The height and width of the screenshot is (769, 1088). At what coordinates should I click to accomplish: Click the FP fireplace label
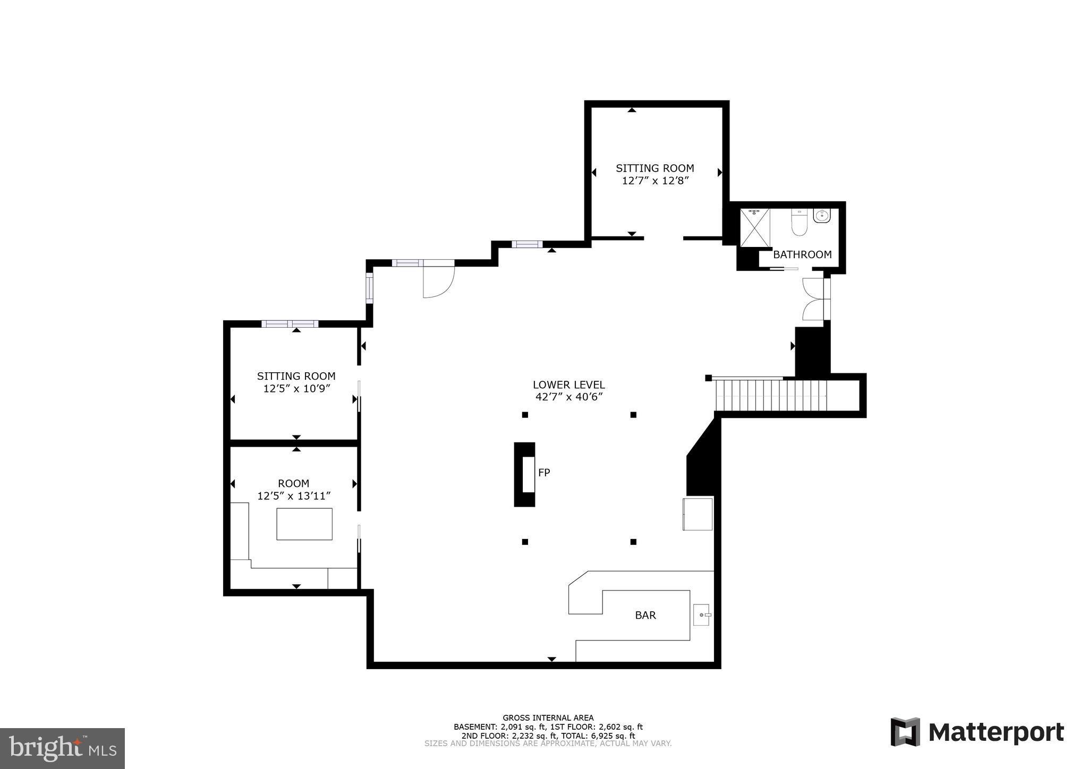coord(543,473)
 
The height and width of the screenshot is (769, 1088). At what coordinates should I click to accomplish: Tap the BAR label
coord(645,615)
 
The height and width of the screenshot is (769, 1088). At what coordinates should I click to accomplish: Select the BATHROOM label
coord(802,254)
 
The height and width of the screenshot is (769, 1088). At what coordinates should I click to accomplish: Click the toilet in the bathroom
coord(799,223)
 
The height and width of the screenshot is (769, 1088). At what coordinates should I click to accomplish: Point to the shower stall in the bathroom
coord(754,227)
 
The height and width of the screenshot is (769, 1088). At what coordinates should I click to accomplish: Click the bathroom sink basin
coord(821,216)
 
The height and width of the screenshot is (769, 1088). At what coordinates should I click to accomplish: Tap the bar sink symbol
coord(701,614)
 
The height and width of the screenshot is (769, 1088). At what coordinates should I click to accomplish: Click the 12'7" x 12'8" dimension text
coord(655,181)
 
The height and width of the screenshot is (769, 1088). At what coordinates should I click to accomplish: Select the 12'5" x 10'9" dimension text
coord(296,388)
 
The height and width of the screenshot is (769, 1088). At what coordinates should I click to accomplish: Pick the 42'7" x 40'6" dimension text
coord(569,397)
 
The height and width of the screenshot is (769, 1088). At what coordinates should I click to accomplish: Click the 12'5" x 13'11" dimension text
coord(294,496)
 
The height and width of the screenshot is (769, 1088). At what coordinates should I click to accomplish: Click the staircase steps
coord(770,395)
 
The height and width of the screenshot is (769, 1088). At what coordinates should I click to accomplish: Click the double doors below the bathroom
coord(813,299)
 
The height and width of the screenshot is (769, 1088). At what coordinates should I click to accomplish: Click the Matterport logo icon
coord(905,732)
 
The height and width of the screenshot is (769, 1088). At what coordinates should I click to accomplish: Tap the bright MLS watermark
coord(62,748)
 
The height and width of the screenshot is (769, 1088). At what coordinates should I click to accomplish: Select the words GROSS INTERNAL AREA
coord(548,717)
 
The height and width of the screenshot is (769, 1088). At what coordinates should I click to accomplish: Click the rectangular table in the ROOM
coord(304,524)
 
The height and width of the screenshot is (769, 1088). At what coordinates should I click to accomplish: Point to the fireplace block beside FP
coord(524,474)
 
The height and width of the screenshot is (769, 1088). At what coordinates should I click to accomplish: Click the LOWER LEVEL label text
coord(568,385)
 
